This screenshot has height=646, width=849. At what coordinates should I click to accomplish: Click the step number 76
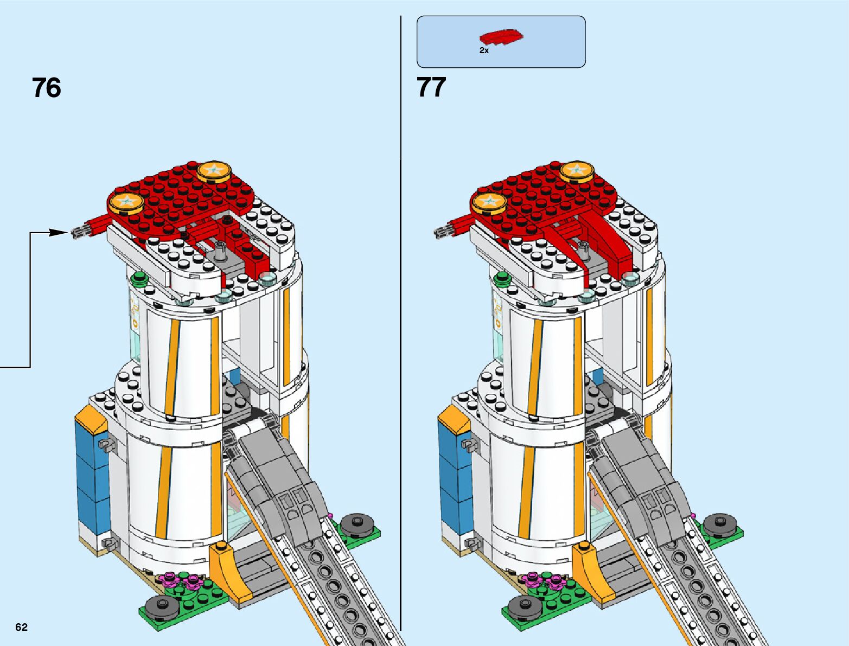47,88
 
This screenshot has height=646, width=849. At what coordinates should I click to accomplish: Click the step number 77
431,87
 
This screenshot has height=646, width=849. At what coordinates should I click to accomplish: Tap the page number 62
21,628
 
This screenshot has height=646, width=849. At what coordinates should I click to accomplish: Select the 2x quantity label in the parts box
484,50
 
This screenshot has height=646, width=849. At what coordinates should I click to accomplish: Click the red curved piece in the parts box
501,37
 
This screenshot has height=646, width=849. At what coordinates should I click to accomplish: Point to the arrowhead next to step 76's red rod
58,232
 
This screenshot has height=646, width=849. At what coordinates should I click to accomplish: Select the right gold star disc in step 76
214,171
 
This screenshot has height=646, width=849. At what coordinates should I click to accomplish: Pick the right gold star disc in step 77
577,171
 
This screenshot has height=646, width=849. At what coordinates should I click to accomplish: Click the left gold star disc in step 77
489,202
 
